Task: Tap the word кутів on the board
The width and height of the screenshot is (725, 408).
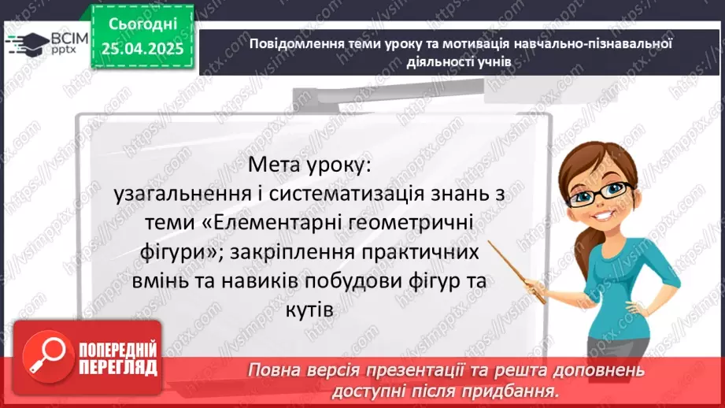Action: pyautogui.click(x=313, y=310)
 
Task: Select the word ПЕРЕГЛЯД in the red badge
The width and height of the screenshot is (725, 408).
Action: pyautogui.click(x=118, y=367)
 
